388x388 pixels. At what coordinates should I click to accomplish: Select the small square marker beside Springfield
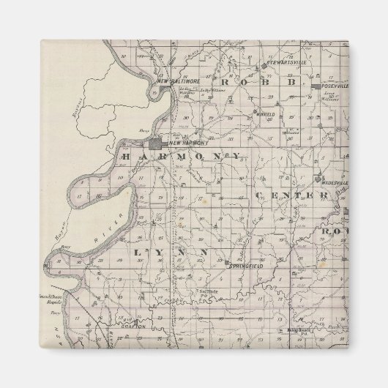coord(228,262)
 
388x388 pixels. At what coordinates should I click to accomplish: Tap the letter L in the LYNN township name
coord(138,252)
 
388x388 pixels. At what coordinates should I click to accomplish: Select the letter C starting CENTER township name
coord(260,195)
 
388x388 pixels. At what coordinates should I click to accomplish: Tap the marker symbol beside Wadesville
coord(318,178)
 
